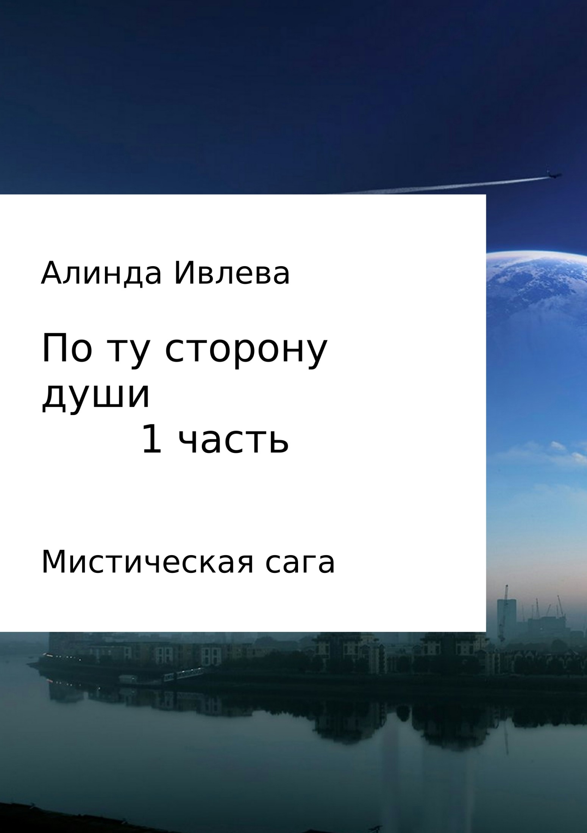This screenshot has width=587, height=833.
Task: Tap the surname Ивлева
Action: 231,274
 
